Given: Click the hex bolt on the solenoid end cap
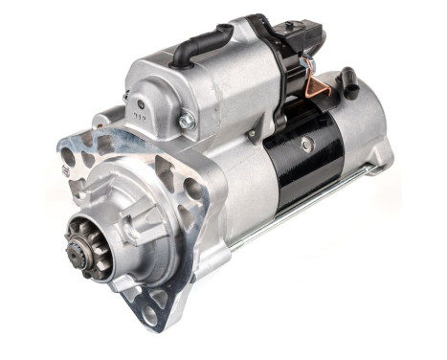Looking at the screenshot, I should click(x=186, y=121).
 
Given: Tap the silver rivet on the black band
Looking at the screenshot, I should click(x=305, y=144).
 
